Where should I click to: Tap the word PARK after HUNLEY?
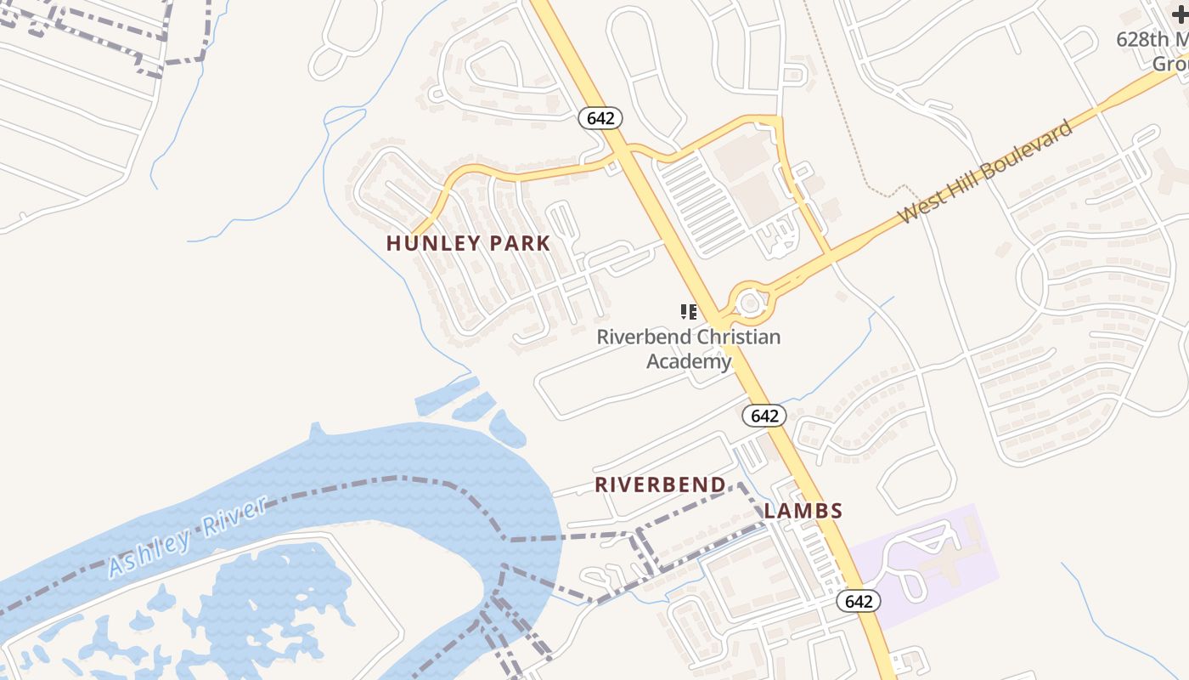tap(519, 243)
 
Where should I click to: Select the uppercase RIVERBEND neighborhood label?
tap(660, 484)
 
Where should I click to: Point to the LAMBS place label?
tap(803, 511)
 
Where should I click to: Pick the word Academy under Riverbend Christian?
tap(688, 361)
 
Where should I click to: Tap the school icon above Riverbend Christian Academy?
tap(689, 311)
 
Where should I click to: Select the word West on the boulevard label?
tap(918, 210)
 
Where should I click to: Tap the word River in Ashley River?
tap(236, 515)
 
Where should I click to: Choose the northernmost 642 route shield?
tap(600, 118)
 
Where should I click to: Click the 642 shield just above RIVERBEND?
tap(764, 416)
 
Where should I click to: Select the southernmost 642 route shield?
tap(859, 601)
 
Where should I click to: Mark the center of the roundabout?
tap(750, 302)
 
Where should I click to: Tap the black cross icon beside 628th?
tap(1180, 14)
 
